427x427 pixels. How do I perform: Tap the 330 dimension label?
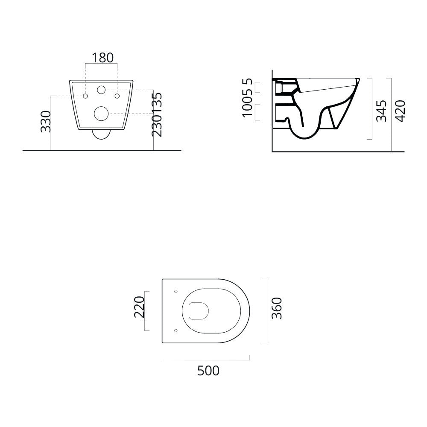pyautogui.click(x=46, y=121)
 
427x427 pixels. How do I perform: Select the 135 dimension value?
pyautogui.click(x=157, y=102)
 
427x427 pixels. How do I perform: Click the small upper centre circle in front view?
pyautogui.click(x=101, y=90)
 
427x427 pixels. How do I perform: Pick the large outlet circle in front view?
pyautogui.click(x=101, y=113)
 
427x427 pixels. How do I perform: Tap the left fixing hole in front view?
pyautogui.click(x=86, y=96)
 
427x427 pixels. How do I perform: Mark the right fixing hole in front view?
pyautogui.click(x=116, y=96)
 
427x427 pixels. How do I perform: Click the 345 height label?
pyautogui.click(x=381, y=111)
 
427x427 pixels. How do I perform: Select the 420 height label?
pyautogui.click(x=400, y=111)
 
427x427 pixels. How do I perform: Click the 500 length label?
pyautogui.click(x=208, y=371)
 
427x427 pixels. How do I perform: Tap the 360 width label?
pyautogui.click(x=277, y=308)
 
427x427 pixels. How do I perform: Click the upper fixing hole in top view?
pyautogui.click(x=176, y=292)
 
